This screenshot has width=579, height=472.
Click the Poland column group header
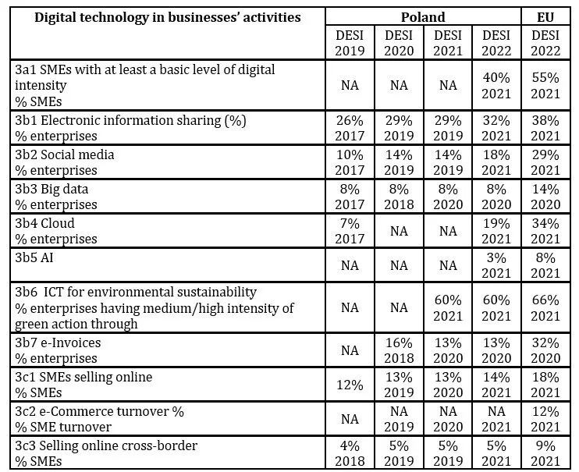pos(423,17)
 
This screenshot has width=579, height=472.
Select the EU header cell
pos(545,17)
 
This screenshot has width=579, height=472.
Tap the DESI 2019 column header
pos(350,43)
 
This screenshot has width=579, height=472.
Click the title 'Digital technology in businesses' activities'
pos(168,17)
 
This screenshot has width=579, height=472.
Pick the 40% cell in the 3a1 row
pos(496,85)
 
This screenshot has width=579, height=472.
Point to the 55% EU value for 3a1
pos(545,85)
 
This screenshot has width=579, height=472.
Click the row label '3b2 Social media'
pos(65,154)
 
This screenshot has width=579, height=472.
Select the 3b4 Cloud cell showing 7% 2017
pos(350,231)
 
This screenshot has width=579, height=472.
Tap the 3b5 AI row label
pos(34,257)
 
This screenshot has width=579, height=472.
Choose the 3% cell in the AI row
pos(496,265)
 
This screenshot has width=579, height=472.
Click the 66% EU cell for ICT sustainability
pos(545,307)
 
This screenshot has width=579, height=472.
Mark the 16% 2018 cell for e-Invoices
pos(399,350)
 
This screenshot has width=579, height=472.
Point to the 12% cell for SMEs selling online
pos(350,385)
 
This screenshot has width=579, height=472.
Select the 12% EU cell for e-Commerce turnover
pos(545,419)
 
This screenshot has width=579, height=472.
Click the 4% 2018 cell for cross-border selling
pos(350,453)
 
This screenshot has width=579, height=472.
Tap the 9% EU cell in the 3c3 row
pos(545,453)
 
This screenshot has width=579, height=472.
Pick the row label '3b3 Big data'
pos(52,189)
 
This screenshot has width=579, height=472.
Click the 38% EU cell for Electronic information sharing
pos(545,128)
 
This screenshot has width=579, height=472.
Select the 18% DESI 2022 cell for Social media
pos(496,162)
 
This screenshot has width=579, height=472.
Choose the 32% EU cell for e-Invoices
pos(545,350)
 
